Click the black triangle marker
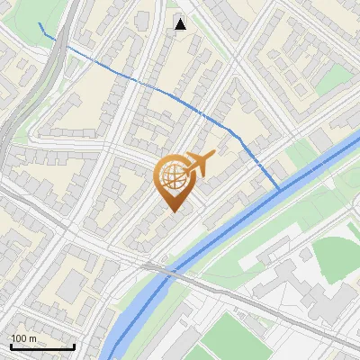(181, 23)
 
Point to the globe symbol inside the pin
(174, 177)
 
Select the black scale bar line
(41, 347)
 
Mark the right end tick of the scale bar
(74, 346)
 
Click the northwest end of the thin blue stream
(40, 22)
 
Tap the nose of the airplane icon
(213, 157)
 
